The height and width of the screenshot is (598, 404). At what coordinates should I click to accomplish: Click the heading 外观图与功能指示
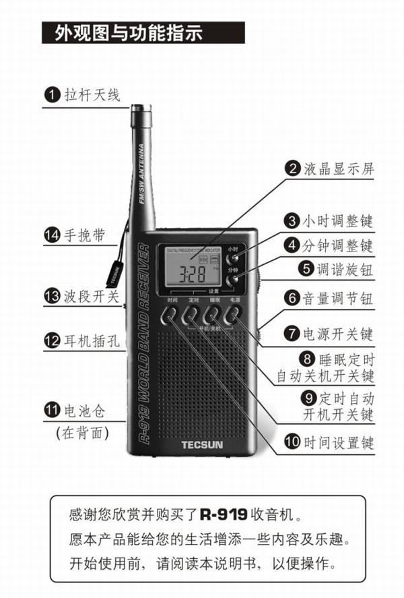123,33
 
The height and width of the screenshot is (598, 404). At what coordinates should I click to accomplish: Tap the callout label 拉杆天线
92,94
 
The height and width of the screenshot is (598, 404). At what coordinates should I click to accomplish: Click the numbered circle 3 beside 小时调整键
291,221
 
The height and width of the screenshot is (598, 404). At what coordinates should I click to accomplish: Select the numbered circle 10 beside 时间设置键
291,442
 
